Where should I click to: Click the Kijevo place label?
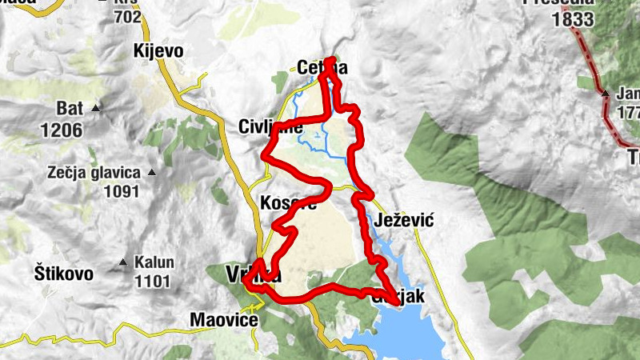159,51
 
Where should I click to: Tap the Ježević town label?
403,221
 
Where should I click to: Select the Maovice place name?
224,320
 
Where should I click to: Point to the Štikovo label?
64,274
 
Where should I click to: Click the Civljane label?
270,127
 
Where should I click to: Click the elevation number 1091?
121,191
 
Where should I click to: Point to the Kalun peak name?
154,262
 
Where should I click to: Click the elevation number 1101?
153,281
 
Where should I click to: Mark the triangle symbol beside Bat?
97,108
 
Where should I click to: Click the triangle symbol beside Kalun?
123,262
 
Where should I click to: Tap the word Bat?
70,108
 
